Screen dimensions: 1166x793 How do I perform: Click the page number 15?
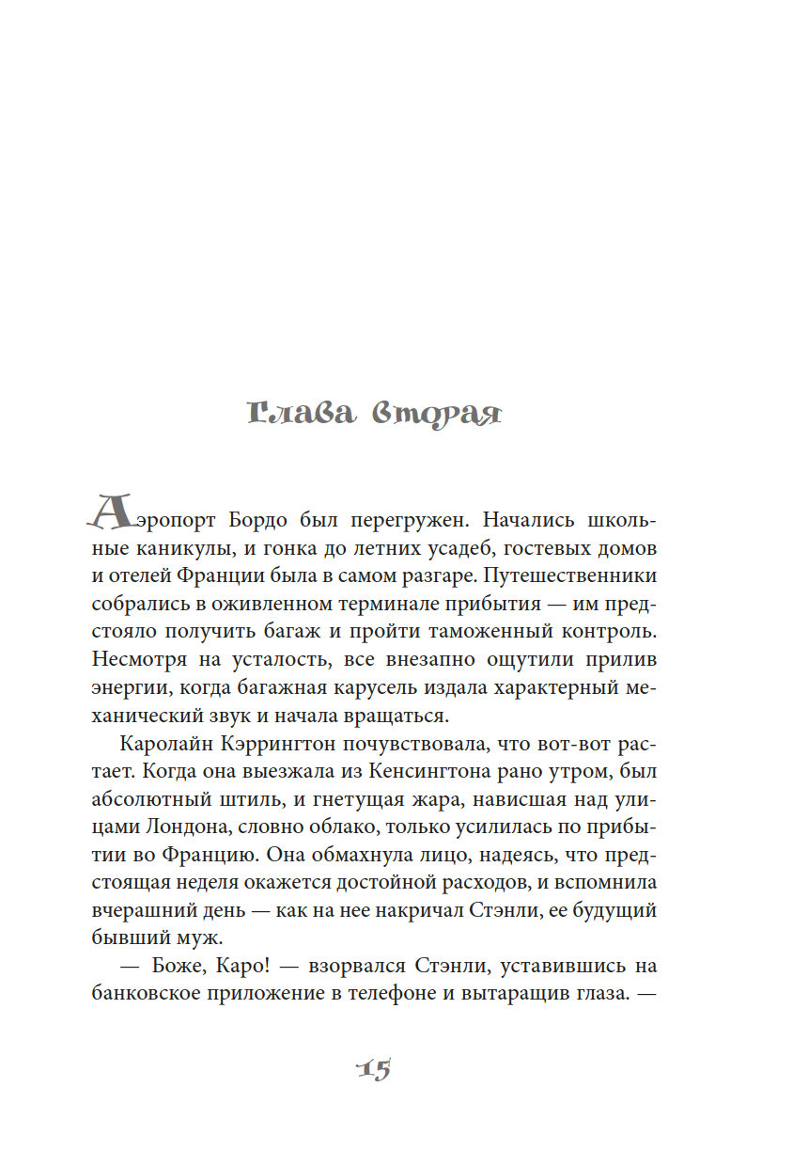tap(374, 1069)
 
